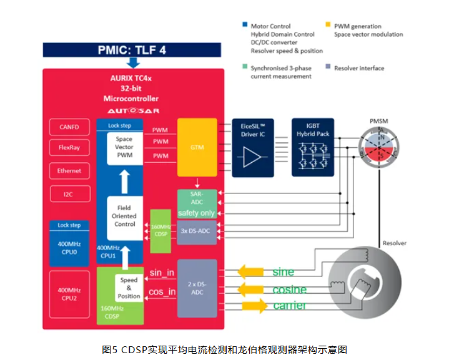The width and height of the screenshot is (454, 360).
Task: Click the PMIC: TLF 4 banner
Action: (x=132, y=50)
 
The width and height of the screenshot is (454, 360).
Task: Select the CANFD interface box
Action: (x=69, y=127)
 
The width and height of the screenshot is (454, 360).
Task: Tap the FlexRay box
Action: (x=69, y=148)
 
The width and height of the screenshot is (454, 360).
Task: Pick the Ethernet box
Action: (x=69, y=170)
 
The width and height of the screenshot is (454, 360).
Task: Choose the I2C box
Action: (x=69, y=194)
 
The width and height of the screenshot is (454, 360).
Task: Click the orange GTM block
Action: (x=197, y=148)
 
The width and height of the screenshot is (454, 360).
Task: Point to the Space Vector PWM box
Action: (x=124, y=147)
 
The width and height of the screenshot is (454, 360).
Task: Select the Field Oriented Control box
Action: (x=124, y=216)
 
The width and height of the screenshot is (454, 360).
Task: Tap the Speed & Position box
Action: (x=129, y=288)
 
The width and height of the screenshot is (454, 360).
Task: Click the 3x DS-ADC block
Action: (x=197, y=230)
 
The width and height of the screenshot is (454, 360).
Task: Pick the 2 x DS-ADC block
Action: (x=197, y=288)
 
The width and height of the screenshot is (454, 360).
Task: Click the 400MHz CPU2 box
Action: (x=69, y=293)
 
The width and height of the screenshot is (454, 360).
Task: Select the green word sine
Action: (x=283, y=273)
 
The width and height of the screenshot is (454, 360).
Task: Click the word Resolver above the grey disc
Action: (x=394, y=243)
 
